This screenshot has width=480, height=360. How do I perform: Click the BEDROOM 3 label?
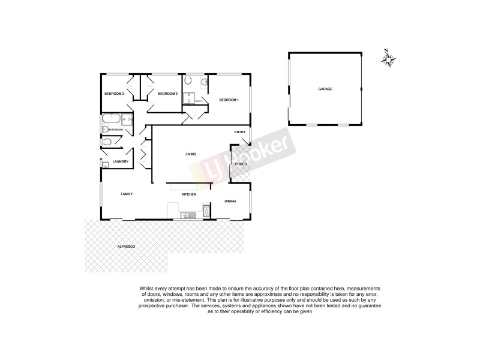tap(114, 94)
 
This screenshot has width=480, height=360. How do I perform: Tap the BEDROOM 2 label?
tap(167, 94)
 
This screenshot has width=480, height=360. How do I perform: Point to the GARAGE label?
tap(325, 89)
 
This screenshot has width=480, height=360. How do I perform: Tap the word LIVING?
tap(191, 155)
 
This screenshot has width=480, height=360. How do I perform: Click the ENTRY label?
tap(240, 132)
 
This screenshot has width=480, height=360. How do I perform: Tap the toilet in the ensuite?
tap(188, 80)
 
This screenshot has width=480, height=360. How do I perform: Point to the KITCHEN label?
tap(190, 195)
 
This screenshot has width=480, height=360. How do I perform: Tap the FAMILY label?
tap(126, 194)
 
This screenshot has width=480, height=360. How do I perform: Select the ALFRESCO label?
tap(125, 247)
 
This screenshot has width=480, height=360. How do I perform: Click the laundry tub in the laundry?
tap(104, 164)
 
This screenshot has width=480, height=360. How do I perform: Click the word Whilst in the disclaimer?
tap(148, 289)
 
